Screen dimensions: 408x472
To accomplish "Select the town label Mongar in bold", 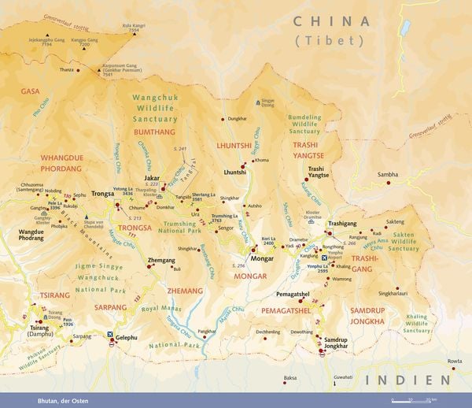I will coord(261,258).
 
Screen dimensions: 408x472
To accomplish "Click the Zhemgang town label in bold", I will coord(160,259).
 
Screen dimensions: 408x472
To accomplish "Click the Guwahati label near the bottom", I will coord(344,378).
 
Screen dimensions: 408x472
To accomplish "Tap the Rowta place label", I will coord(455,361).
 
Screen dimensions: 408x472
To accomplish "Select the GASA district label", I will coord(30,92).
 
